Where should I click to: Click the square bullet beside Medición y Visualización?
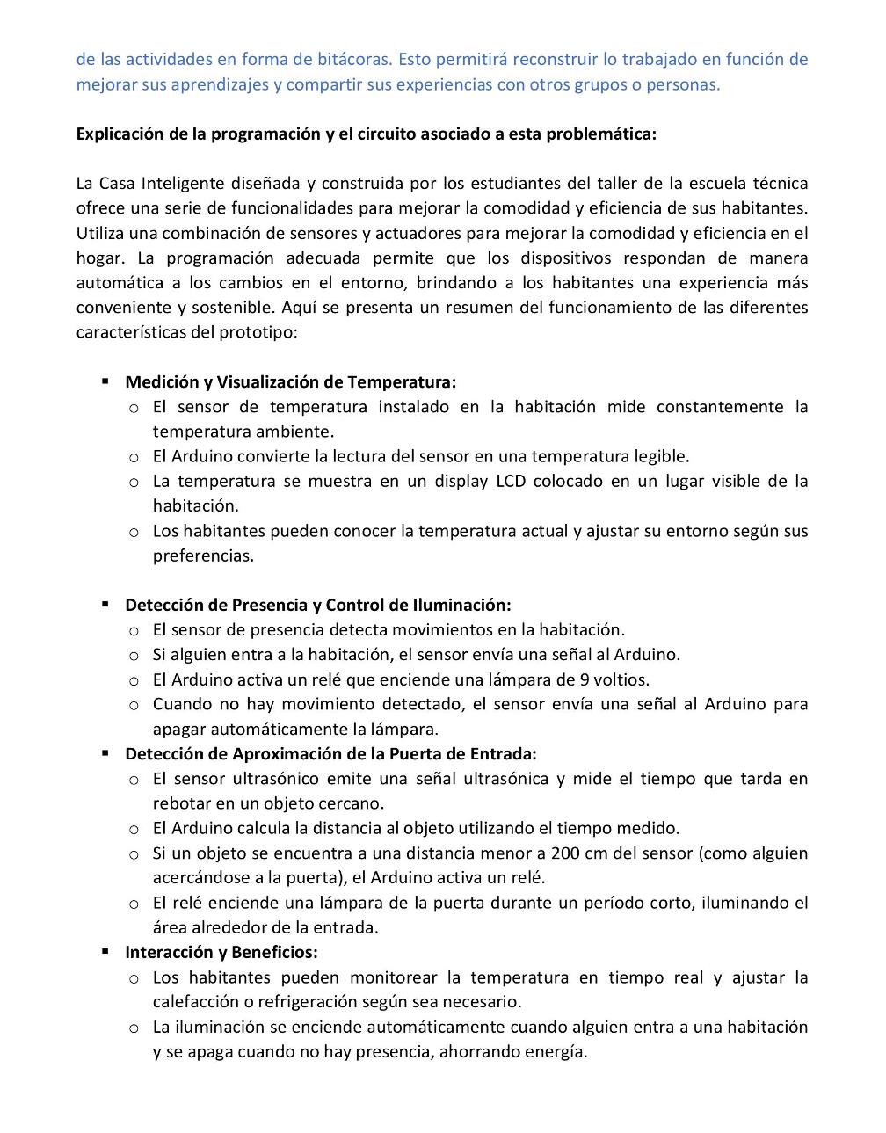click(105, 381)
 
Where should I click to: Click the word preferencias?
click(202, 556)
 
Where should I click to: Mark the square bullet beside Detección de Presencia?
click(105, 605)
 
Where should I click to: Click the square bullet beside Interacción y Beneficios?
click(105, 952)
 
